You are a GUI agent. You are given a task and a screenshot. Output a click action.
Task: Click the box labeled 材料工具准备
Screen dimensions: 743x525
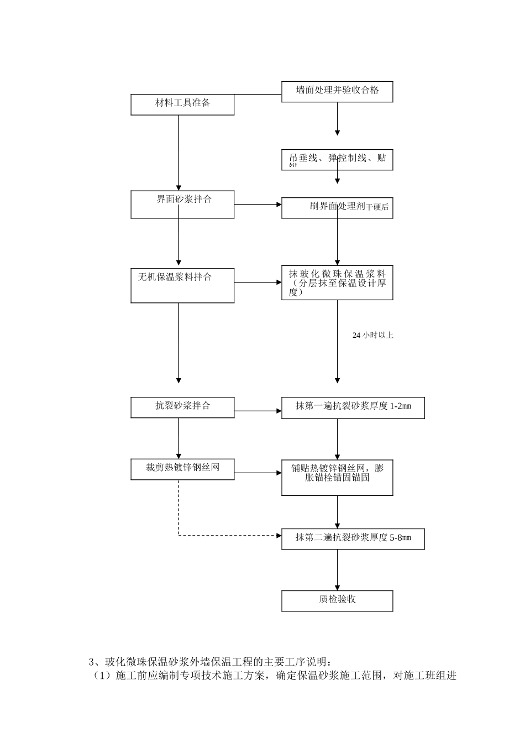182,104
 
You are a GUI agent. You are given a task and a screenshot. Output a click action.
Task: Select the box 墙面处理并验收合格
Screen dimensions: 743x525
337,91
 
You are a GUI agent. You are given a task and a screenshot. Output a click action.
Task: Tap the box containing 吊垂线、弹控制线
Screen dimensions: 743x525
337,159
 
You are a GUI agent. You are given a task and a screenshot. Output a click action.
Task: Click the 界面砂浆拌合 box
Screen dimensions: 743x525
182,204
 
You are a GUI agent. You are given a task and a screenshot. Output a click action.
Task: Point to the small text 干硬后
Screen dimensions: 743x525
377,207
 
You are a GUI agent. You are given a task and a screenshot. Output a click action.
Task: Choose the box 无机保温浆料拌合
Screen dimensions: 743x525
182,286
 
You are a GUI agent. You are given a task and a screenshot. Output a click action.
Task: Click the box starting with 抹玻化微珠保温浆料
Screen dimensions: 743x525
337,282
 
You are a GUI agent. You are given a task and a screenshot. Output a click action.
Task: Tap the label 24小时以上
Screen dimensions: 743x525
372,335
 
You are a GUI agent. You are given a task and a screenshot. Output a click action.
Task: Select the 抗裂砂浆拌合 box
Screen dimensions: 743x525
182,407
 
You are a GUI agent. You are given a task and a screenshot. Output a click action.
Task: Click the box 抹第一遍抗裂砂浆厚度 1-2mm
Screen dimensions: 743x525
353,407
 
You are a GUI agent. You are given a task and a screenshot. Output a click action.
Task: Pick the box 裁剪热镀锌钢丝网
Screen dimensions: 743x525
182,468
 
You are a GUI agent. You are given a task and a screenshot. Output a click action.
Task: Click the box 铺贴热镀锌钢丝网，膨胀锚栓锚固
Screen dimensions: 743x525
337,477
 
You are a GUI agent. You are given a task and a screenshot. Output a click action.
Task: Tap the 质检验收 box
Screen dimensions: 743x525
337,600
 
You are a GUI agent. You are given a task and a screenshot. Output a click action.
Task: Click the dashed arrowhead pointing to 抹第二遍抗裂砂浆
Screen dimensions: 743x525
279,536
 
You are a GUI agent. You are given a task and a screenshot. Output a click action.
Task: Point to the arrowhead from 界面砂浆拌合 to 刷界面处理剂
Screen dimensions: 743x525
279,205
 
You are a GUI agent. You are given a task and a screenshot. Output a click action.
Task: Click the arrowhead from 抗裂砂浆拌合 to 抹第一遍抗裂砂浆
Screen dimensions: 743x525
279,411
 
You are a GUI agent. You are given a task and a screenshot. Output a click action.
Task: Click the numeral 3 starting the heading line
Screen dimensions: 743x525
91,662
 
